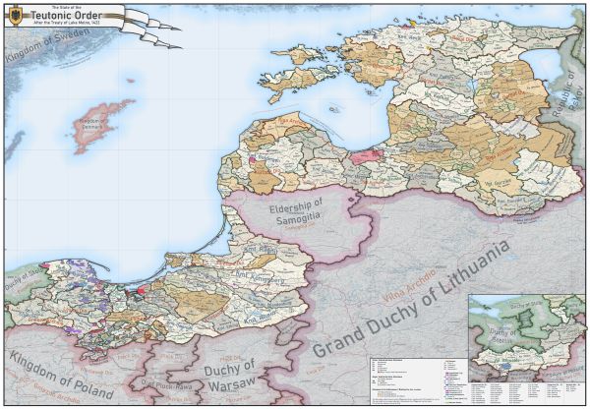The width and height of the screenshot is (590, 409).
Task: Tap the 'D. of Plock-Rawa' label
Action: point(162,384)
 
